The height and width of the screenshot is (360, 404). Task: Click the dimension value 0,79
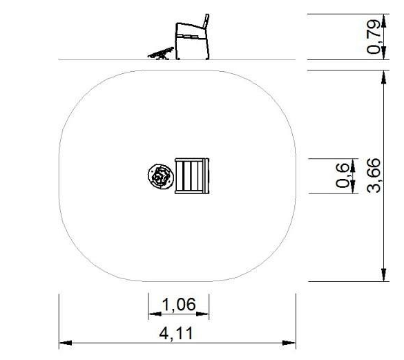374,37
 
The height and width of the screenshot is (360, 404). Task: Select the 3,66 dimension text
374,176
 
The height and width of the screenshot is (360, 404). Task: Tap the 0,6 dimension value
343,176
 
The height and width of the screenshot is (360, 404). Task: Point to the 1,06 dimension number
179,304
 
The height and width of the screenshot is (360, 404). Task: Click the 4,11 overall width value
176,333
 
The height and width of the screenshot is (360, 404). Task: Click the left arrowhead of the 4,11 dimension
66,343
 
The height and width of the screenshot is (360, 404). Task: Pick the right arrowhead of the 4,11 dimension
289,343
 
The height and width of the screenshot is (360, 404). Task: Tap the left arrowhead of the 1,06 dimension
155,314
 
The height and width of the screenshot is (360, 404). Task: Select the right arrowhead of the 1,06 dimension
202,314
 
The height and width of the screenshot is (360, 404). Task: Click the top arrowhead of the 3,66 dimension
384,77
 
